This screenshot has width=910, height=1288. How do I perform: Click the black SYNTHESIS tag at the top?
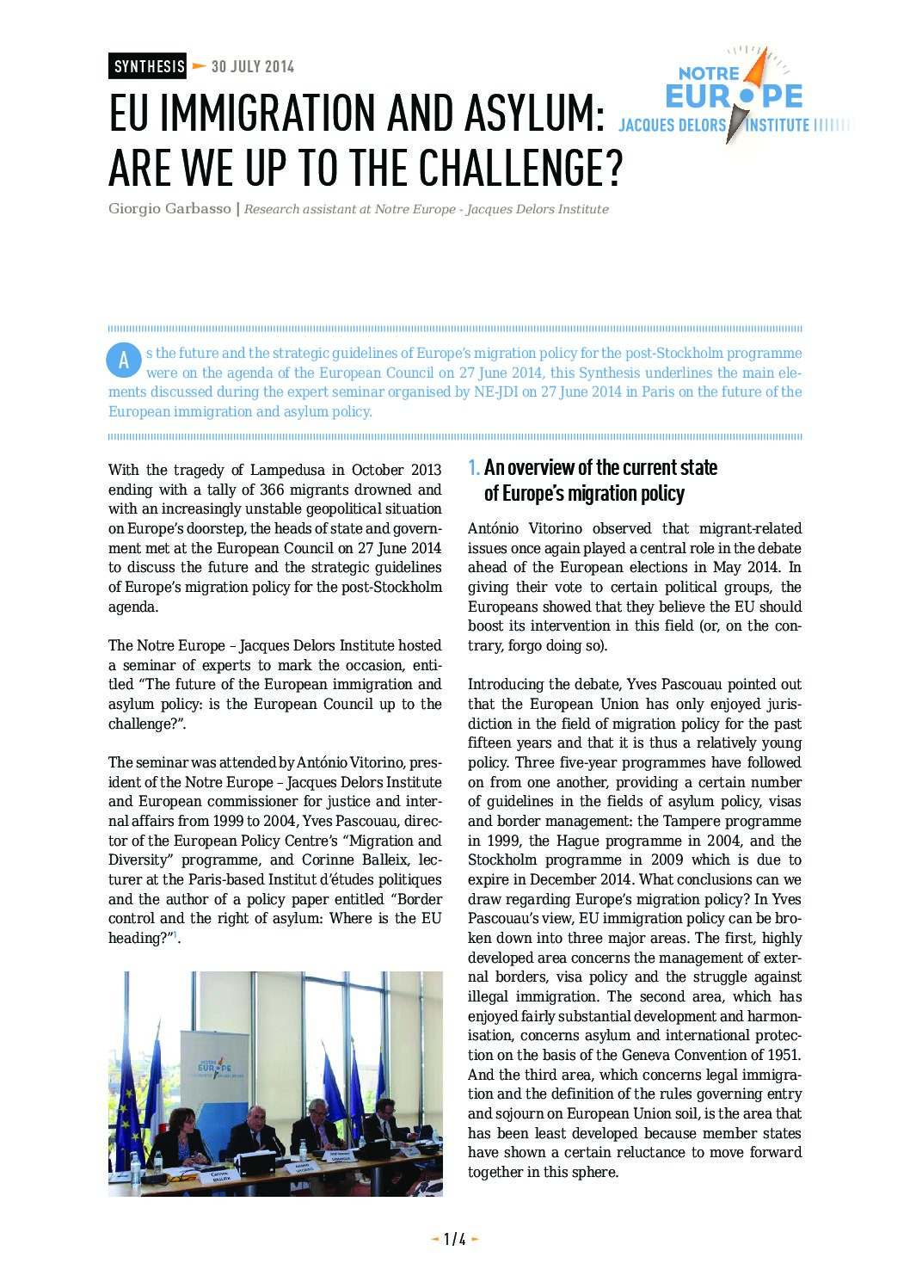click(148, 66)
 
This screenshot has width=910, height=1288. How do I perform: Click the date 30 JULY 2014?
click(252, 66)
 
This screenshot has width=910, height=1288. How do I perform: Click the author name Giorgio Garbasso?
click(169, 209)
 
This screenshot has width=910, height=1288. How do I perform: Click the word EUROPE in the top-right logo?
click(734, 96)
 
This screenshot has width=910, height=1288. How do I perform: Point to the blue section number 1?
click(473, 468)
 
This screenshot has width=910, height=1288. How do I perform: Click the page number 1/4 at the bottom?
click(454, 1239)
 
